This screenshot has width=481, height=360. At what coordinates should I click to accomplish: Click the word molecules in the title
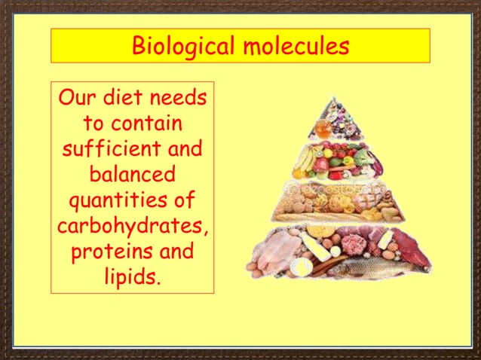[x=296, y=47]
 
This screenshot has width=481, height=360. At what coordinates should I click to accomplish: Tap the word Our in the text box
[x=77, y=99]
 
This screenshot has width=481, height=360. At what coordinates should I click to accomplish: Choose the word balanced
[x=132, y=175]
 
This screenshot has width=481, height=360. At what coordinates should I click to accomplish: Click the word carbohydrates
[x=132, y=226]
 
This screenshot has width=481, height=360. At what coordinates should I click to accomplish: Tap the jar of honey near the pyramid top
[x=322, y=129]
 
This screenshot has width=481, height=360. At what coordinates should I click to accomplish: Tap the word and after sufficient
[x=184, y=149]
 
